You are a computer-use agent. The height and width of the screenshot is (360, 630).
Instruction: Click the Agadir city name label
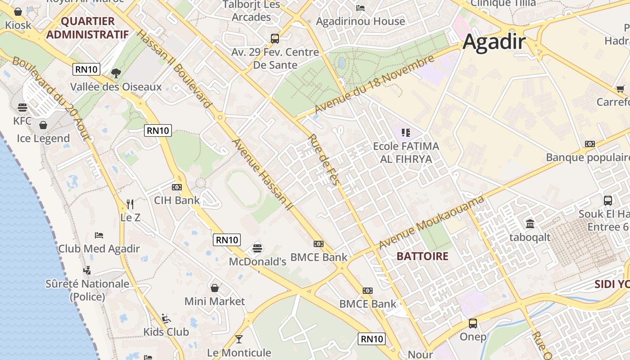coord(494,42)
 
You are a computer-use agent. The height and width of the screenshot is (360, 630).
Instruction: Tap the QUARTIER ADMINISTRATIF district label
coord(87,28)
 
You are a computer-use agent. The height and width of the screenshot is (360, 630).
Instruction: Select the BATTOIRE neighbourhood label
coord(423,256)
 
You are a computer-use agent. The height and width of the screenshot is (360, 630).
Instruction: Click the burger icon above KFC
coord(22,108)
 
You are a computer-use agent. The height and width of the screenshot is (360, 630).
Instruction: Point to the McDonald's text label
coord(257,262)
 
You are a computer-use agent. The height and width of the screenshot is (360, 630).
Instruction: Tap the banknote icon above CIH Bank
coord(177,187)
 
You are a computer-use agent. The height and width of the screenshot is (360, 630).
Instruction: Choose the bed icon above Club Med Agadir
coord(99,235)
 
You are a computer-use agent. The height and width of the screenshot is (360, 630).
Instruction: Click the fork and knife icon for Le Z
coord(130,204)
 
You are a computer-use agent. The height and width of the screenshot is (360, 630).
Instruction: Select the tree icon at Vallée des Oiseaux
coord(116,72)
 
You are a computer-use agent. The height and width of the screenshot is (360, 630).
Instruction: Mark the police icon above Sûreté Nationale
coord(87,270)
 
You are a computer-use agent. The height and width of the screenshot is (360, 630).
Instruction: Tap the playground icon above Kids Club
coord(166,318)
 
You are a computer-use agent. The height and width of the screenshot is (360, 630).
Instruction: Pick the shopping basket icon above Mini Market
coord(215,288)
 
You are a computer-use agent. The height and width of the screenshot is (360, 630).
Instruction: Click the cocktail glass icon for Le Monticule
coord(239,339)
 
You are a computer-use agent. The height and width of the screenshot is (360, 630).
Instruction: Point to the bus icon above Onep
coord(473,323)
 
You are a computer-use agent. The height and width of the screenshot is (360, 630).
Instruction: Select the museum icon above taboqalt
coord(530,224)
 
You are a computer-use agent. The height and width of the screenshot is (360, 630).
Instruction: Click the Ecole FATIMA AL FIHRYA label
coord(406,153)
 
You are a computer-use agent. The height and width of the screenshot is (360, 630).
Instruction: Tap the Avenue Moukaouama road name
coord(432,222)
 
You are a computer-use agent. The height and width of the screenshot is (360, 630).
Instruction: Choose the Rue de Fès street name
coord(324,159)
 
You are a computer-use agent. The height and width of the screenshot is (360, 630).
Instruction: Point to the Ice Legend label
coord(43,139)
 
